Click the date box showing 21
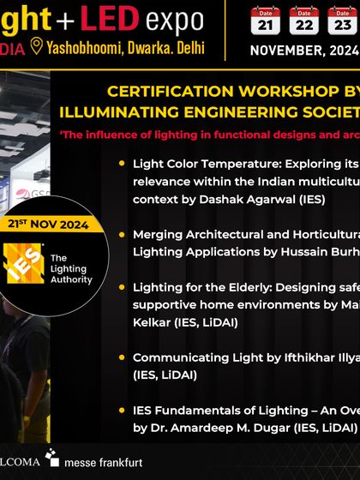click(265, 21)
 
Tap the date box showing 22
click(303, 21)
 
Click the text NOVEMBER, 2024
click(304, 50)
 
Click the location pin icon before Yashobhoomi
click(36, 47)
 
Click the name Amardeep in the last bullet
click(213, 426)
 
